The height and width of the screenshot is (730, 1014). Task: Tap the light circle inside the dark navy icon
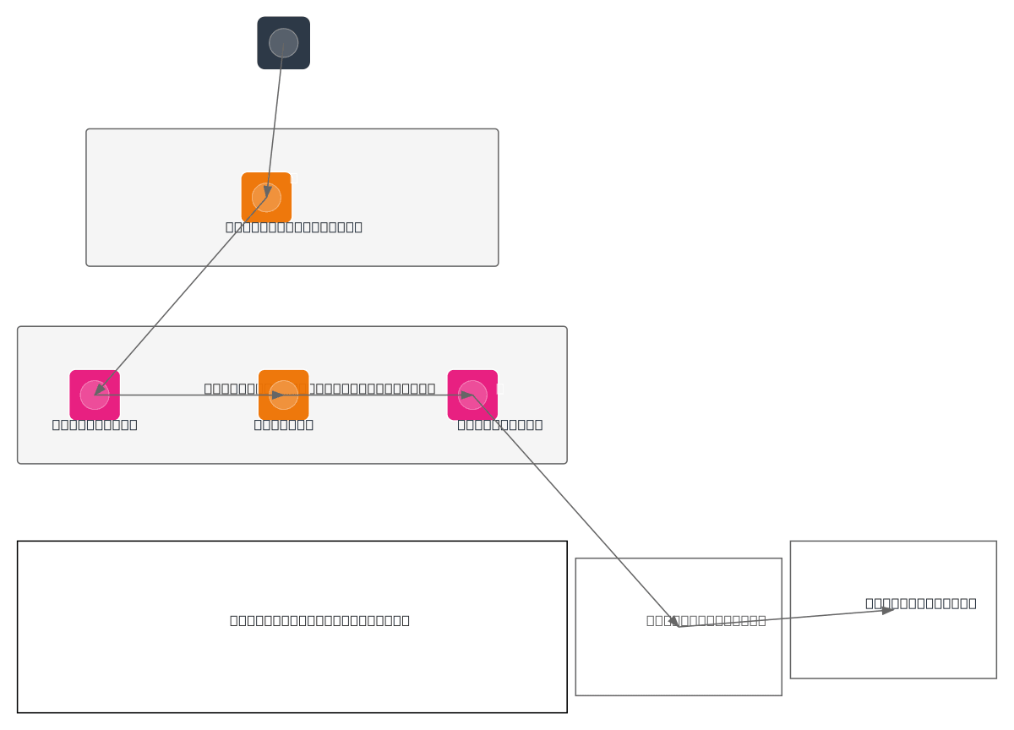pyautogui.click(x=283, y=42)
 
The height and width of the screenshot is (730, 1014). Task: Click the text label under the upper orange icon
pyautogui.click(x=293, y=226)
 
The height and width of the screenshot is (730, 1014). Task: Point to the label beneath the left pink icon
pyautogui.click(x=95, y=424)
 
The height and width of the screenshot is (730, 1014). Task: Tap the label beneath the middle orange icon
pyautogui.click(x=283, y=424)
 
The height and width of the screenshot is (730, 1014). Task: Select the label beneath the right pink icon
pyautogui.click(x=499, y=424)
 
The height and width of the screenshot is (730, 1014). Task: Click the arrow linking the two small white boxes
pyautogui.click(x=786, y=618)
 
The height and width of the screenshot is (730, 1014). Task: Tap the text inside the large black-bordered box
pyautogui.click(x=319, y=620)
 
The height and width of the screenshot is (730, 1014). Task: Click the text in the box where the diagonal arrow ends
pyautogui.click(x=706, y=620)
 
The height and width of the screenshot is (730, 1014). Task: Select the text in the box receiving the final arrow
pyautogui.click(x=920, y=602)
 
